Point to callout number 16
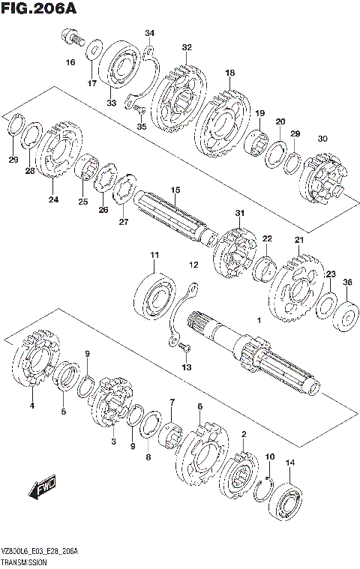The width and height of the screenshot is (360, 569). pos(70,62)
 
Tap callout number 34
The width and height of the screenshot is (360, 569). pos(149,33)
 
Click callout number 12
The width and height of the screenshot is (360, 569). pos(193,265)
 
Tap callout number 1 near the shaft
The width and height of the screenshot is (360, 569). pos(258,320)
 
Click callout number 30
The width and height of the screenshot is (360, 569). pos(322,139)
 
